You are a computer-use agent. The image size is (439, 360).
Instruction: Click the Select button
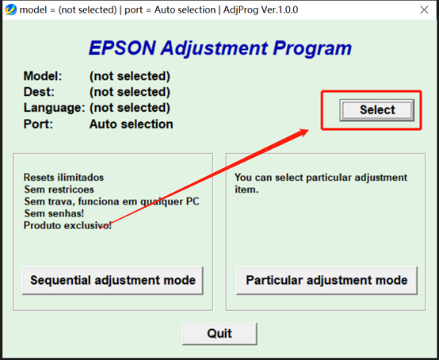pos(377,110)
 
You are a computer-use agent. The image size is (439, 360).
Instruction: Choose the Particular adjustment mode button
pos(326,280)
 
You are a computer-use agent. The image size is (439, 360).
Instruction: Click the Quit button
pos(219,333)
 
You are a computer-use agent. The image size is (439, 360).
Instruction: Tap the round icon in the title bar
pos(10,10)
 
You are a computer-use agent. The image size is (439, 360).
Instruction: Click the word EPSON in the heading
pos(122,48)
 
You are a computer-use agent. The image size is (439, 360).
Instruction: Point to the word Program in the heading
pos(312,48)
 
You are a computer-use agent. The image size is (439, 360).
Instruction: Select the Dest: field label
pos(40,92)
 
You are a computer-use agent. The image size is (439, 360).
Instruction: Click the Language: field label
pos(54,108)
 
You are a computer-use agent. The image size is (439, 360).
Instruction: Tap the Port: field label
pos(39,124)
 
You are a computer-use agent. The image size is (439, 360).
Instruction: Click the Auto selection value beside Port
pos(131,124)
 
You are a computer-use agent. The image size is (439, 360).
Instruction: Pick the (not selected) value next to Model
pos(129,77)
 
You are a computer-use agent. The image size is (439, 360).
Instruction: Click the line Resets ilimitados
pos(63,178)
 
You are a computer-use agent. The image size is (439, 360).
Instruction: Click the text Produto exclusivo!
pos(67,225)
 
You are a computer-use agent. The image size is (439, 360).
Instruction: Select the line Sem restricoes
pos(59,190)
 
